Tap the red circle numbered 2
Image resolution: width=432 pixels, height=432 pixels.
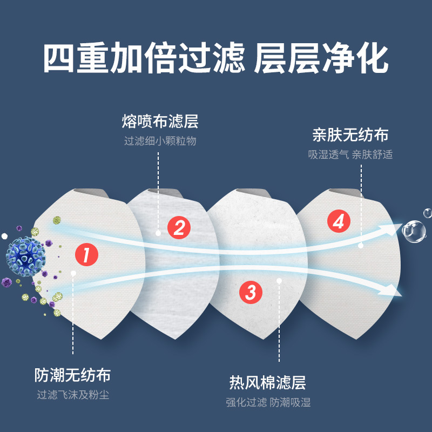coord(179,227)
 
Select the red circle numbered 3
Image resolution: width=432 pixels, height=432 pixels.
coord(251,292)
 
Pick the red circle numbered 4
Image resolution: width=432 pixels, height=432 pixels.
coord(337,221)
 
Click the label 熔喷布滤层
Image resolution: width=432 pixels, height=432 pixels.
coord(160,122)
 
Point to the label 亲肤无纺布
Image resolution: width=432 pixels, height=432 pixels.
coord(350,134)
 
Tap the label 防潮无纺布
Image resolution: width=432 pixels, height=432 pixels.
coord(72,375)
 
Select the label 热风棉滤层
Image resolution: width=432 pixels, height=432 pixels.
coord(268,383)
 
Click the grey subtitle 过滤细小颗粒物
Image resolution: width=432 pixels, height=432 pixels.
coord(160,141)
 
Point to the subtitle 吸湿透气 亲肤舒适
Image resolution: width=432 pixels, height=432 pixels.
coord(350,154)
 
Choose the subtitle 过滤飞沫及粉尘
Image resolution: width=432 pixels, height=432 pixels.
coord(72,395)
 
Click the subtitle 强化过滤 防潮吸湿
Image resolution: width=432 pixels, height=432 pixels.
coord(268,403)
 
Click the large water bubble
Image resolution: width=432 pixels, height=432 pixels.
coord(414,231)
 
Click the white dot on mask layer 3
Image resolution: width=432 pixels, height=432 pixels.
coord(279,280)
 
